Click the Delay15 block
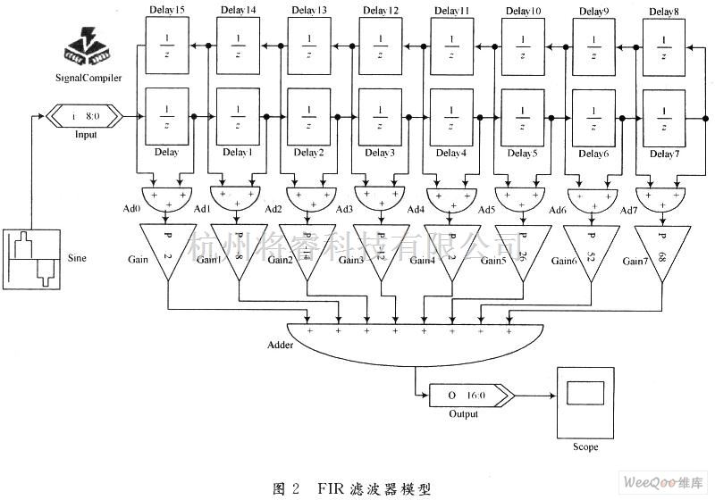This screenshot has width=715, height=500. click(x=166, y=46)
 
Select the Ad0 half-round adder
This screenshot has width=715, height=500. click(x=166, y=196)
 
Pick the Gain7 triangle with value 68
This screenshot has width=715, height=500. click(x=662, y=253)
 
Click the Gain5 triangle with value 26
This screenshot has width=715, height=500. click(x=520, y=253)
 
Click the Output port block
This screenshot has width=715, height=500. click(x=466, y=395)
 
